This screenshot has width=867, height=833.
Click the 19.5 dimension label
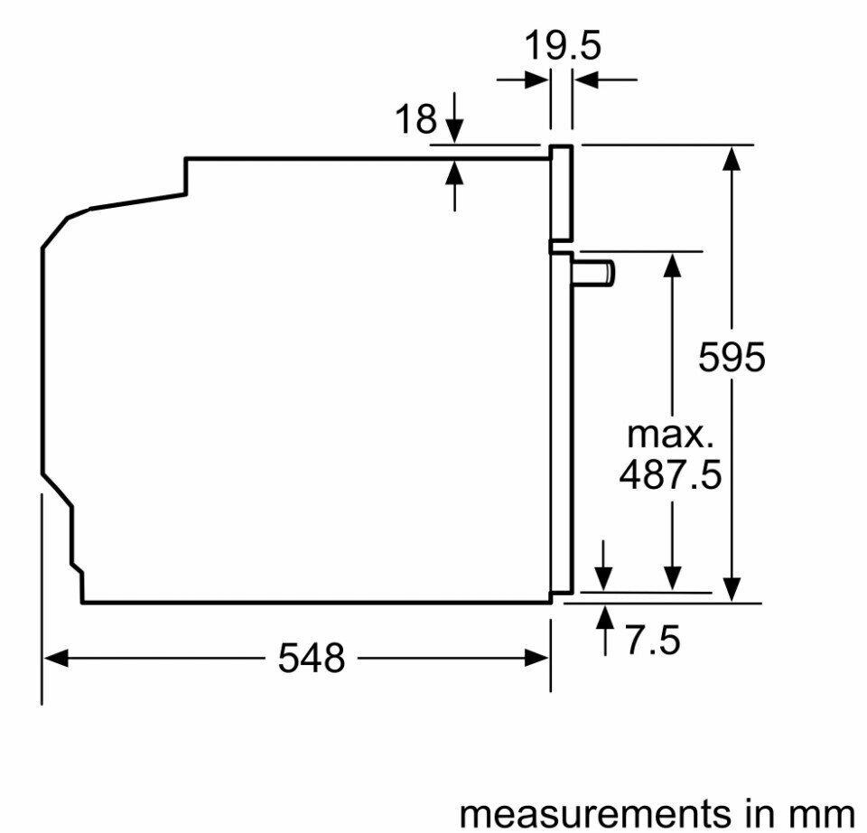click(x=562, y=46)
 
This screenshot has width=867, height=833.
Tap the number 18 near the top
click(x=415, y=118)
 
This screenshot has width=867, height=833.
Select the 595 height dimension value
click(x=732, y=357)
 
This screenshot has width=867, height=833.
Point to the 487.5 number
click(x=670, y=474)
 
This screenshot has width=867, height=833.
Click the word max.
click(x=670, y=435)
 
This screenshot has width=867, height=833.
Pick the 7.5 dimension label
click(x=652, y=641)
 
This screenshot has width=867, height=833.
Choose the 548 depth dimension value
click(x=312, y=659)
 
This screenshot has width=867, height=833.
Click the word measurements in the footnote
click(x=600, y=814)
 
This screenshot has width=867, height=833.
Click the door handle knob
click(x=594, y=273)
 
